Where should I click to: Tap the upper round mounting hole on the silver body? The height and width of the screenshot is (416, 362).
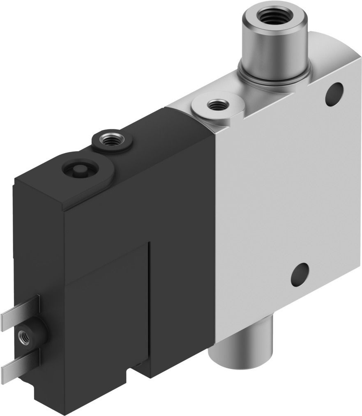click(x=334, y=93)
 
